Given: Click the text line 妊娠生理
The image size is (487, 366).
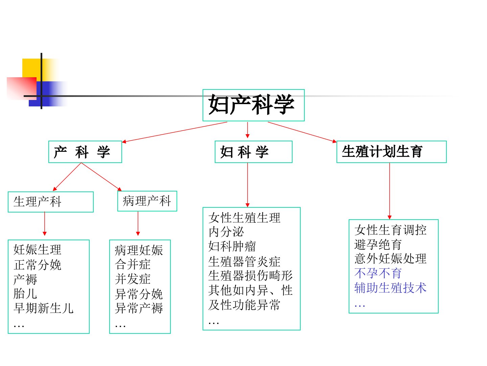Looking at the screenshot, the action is (37, 249).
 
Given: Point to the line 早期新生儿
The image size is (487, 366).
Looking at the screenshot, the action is (43, 308).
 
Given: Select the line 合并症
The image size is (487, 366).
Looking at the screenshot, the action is (133, 264).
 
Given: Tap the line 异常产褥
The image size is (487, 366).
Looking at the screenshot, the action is (139, 308).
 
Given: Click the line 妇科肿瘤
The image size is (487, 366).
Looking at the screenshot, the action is (232, 246).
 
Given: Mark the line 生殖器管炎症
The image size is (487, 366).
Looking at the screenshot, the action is (244, 262).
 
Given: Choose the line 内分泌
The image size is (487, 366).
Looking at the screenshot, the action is (226, 232).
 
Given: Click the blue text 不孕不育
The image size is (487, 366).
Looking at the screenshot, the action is (378, 273).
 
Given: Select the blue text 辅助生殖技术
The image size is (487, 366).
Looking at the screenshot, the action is (390, 288).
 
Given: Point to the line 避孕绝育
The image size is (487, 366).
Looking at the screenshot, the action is (378, 244).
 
